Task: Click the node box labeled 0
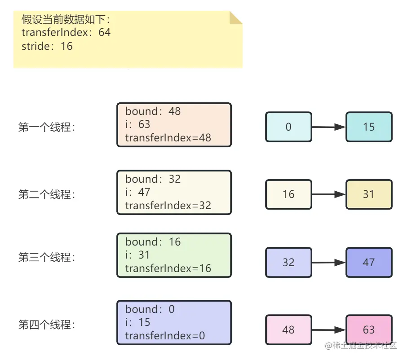pos(288,127)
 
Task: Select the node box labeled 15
pos(369,127)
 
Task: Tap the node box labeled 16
pos(288,194)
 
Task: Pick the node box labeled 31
pos(369,194)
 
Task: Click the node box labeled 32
pos(288,262)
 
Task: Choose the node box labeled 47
pos(369,262)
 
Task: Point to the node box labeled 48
pos(288,329)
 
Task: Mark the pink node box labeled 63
pos(369,329)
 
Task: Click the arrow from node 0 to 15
pos(328,127)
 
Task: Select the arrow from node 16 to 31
pos(328,194)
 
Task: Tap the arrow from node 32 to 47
pos(328,262)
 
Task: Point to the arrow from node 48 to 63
pos(328,329)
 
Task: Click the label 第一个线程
pos(47,127)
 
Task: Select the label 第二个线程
pos(47,194)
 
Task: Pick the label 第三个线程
pos(47,257)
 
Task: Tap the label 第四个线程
pos(47,325)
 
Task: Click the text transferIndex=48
pos(168,138)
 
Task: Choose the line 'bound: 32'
pos(153,179)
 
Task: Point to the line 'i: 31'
pos(137,255)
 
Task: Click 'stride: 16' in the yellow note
pos(47,46)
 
